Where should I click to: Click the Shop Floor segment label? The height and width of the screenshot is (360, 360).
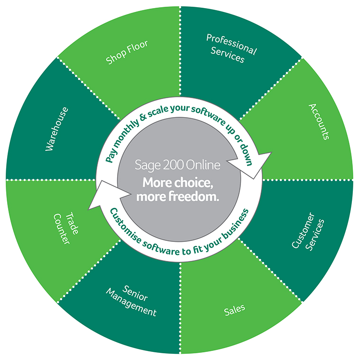coord(127,51)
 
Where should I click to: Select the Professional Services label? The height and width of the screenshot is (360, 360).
coord(231,48)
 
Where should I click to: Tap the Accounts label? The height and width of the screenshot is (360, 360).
coord(319,122)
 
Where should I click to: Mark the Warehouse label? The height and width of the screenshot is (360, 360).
coord(56,129)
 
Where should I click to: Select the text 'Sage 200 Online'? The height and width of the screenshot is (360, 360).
coord(177,167)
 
